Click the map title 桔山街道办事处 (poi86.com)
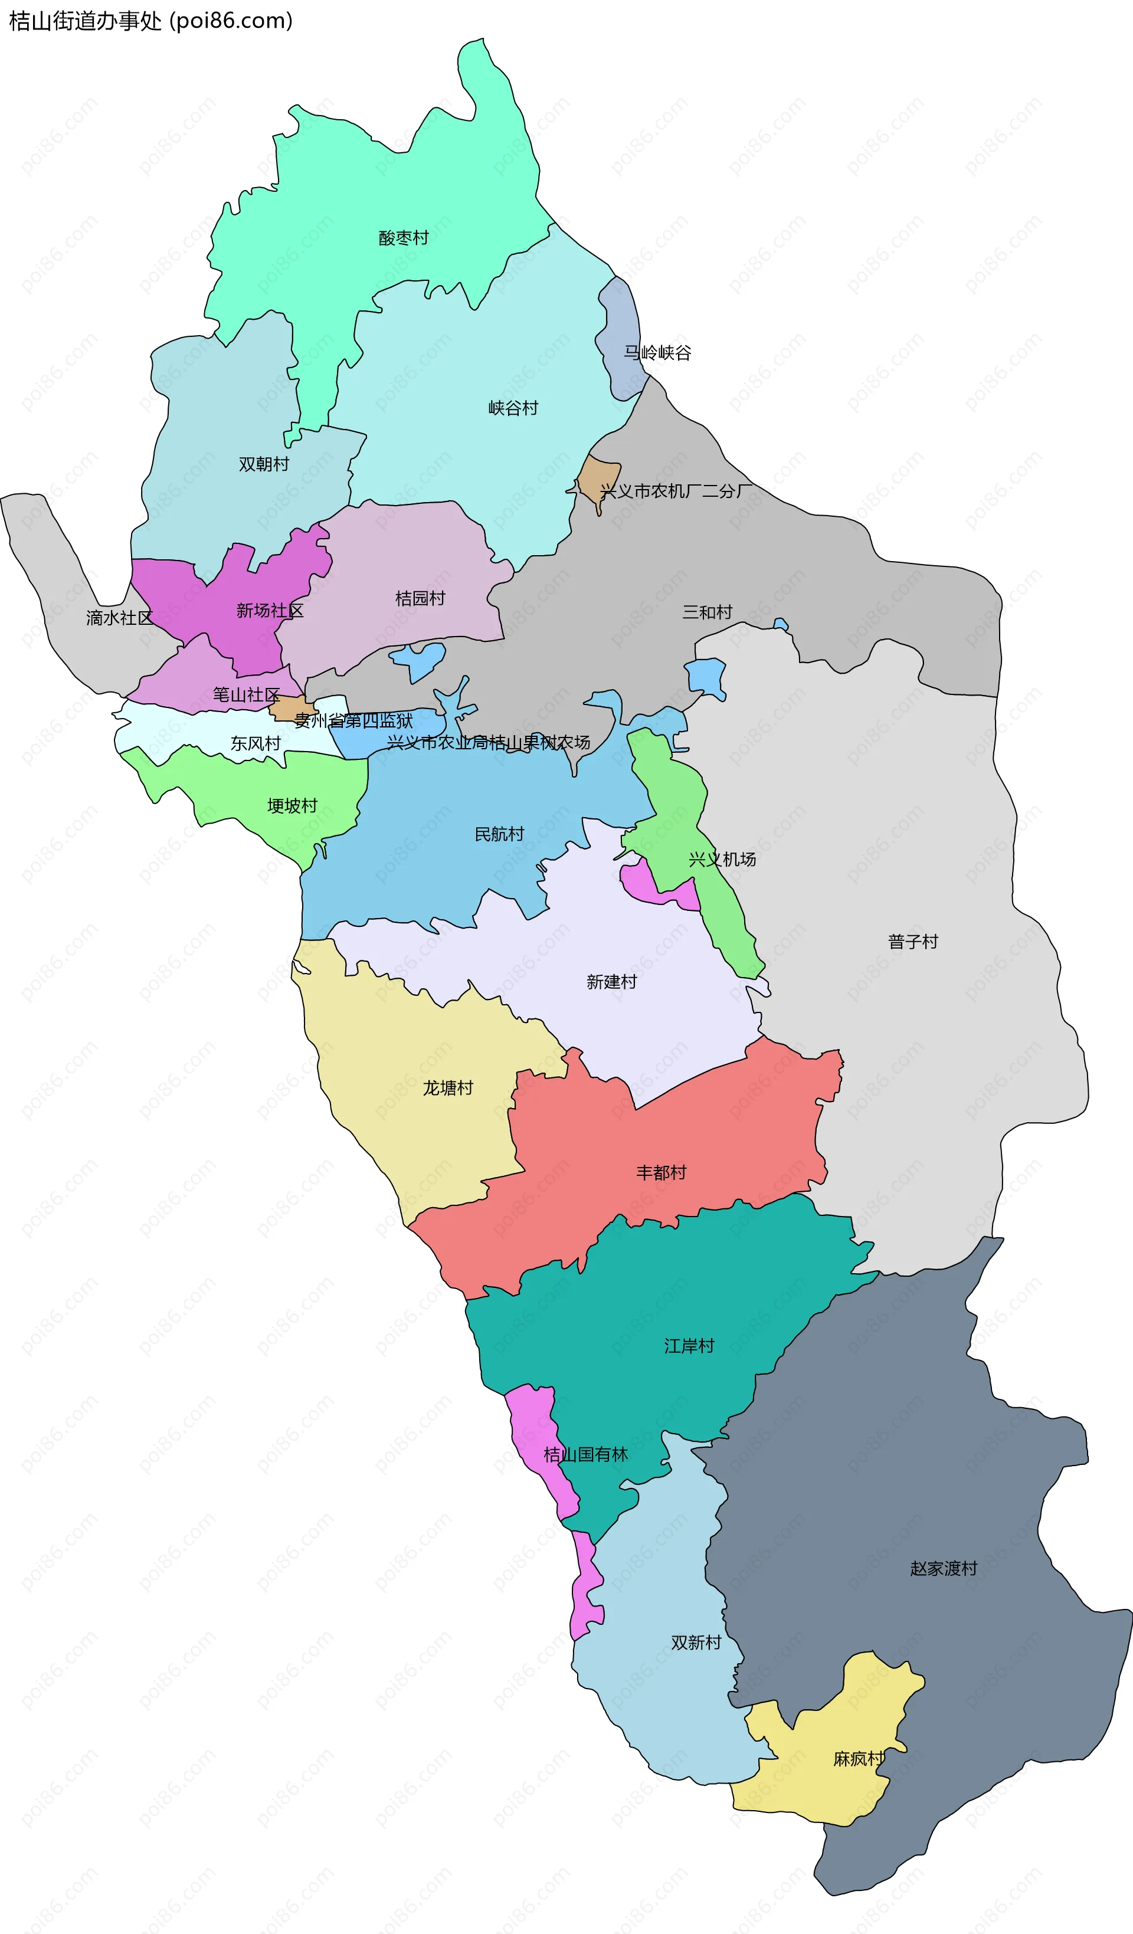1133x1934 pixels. pyautogui.click(x=150, y=21)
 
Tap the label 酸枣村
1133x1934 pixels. pyautogui.click(x=403, y=238)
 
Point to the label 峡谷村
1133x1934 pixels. pyautogui.click(x=513, y=408)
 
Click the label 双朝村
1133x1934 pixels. pyautogui.click(x=263, y=464)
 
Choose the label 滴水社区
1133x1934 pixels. pyautogui.click(x=120, y=618)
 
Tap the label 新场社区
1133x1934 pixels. pyautogui.click(x=270, y=610)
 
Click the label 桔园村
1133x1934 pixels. pyautogui.click(x=420, y=599)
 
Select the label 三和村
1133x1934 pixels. pyautogui.click(x=707, y=612)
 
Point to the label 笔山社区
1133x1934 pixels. pyautogui.click(x=245, y=694)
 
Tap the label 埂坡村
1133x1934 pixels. pyautogui.click(x=292, y=805)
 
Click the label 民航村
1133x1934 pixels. pyautogui.click(x=499, y=834)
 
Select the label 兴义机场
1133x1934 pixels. pyautogui.click(x=722, y=860)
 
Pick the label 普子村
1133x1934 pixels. pyautogui.click(x=913, y=942)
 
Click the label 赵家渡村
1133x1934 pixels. pyautogui.click(x=944, y=1568)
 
